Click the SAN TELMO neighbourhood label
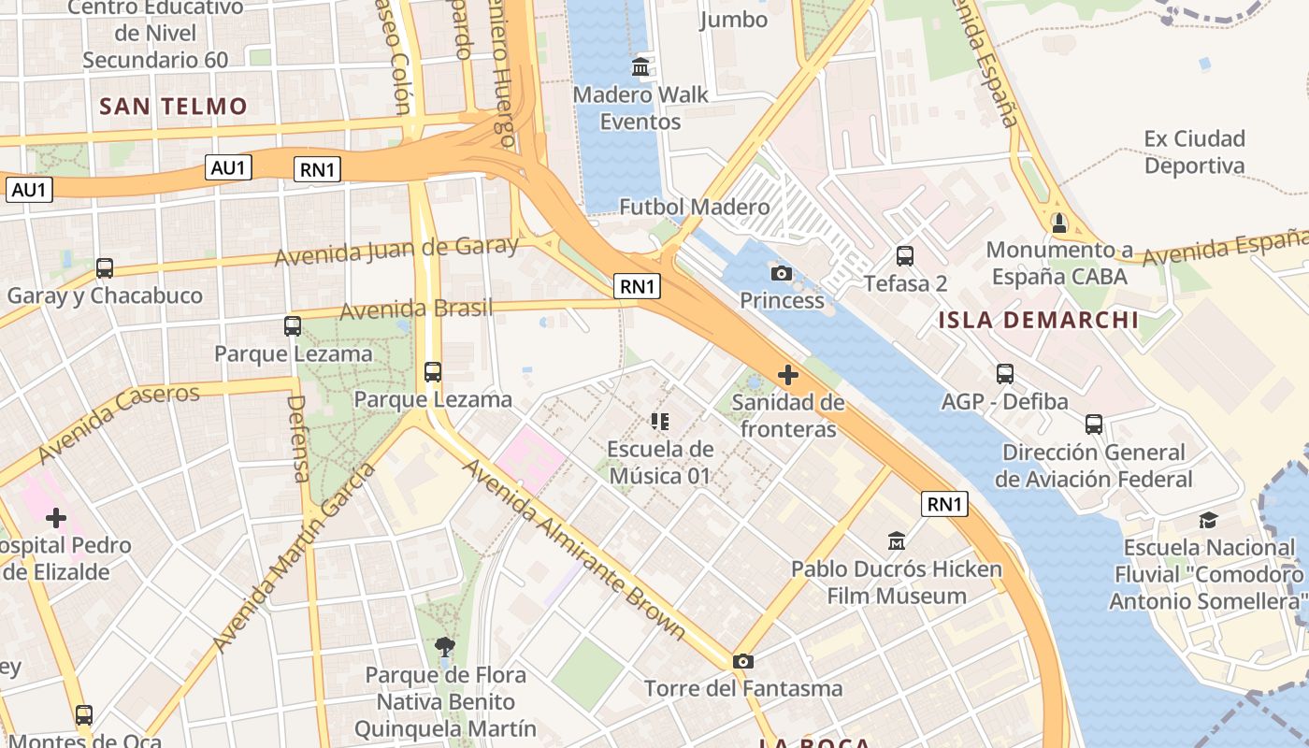pyautogui.click(x=173, y=106)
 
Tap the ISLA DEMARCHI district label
pyautogui.click(x=1039, y=321)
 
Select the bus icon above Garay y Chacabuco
pyautogui.click(x=105, y=268)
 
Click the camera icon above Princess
pyautogui.click(x=781, y=273)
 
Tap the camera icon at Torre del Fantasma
pyautogui.click(x=743, y=661)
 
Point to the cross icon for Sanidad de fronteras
pyautogui.click(x=788, y=375)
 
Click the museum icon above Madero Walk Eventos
pyautogui.click(x=641, y=66)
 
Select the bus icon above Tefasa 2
pyautogui.click(x=904, y=255)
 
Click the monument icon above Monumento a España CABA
pyautogui.click(x=1058, y=223)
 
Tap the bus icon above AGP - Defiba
pyautogui.click(x=1005, y=374)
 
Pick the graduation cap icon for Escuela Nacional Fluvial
pyautogui.click(x=1208, y=520)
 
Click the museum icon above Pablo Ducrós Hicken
pyautogui.click(x=897, y=540)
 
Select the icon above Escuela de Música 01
pyautogui.click(x=660, y=422)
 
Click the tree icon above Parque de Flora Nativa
pyautogui.click(x=445, y=647)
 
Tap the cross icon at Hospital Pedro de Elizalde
pyautogui.click(x=56, y=517)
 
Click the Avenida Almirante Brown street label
pyautogui.click(x=574, y=550)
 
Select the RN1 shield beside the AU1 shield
pyautogui.click(x=318, y=169)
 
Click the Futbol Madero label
pyautogui.click(x=695, y=207)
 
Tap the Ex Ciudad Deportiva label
pyautogui.click(x=1194, y=152)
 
